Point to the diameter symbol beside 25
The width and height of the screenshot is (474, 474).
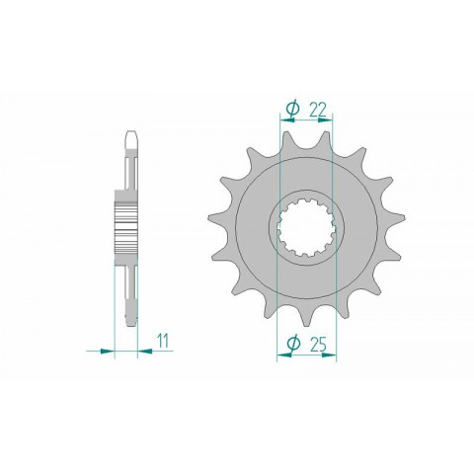pos(292,343)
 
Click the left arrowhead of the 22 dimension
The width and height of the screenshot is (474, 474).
pos(286,120)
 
